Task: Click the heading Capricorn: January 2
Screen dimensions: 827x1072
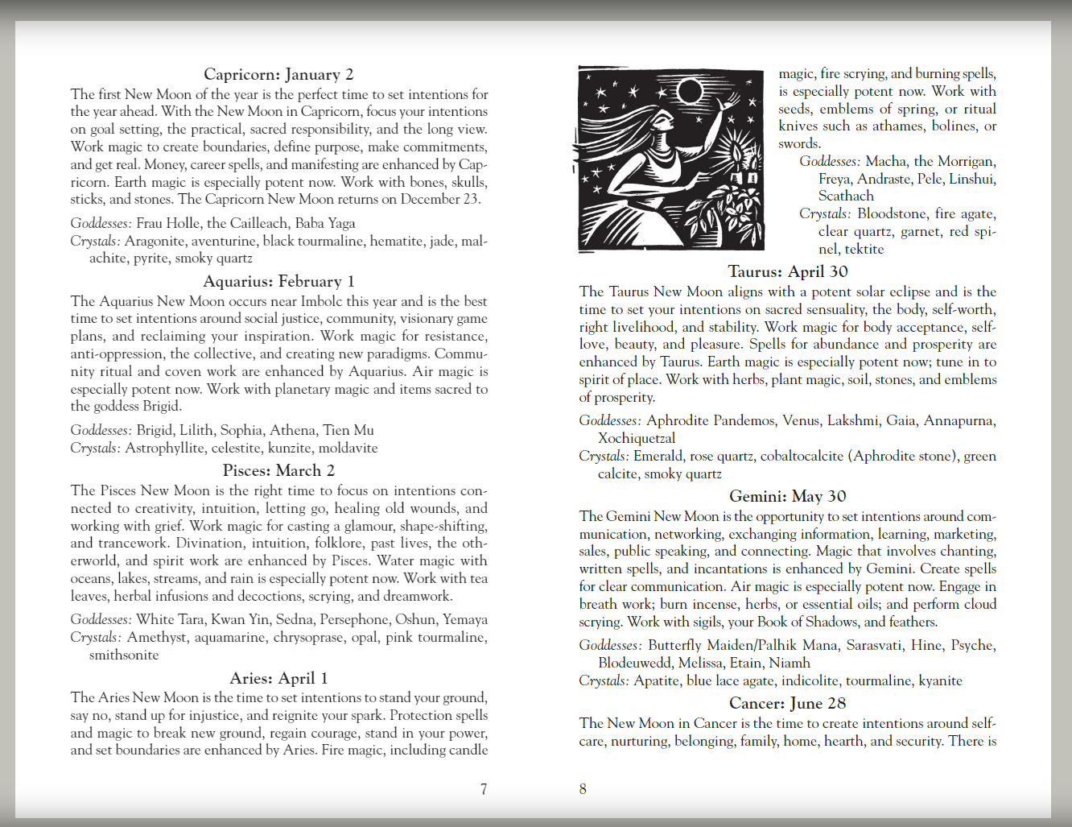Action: [278, 75]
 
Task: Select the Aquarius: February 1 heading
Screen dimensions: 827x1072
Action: [278, 281]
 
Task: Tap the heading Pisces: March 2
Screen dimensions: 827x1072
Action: [278, 470]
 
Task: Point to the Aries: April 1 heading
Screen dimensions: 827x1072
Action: [278, 678]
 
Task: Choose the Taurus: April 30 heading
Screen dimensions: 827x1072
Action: [788, 271]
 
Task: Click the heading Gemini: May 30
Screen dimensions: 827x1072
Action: [788, 496]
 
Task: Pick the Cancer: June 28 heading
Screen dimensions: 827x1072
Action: [788, 703]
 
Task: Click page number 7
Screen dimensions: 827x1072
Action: [484, 789]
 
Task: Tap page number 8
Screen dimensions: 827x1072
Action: [583, 789]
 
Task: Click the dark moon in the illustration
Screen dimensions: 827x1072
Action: [690, 91]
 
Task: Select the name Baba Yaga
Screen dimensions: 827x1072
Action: [325, 223]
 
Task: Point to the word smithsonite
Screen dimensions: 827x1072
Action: [124, 655]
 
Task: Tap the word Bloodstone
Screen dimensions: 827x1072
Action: [892, 213]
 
